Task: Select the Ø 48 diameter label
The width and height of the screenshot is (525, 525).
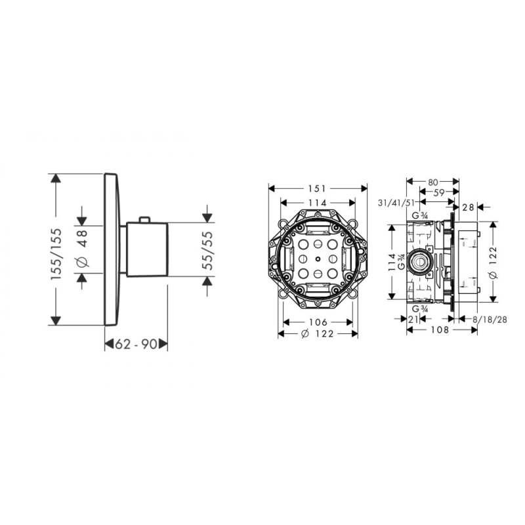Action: pyautogui.click(x=83, y=249)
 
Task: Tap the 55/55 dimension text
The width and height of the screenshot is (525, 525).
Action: pyautogui.click(x=207, y=250)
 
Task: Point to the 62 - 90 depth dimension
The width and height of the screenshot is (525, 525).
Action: pyautogui.click(x=137, y=343)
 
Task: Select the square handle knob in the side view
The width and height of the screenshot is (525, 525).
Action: pyautogui.click(x=148, y=249)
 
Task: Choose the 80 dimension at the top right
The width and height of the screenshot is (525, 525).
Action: pyautogui.click(x=432, y=181)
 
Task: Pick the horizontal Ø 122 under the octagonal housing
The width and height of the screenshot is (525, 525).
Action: pyautogui.click(x=317, y=334)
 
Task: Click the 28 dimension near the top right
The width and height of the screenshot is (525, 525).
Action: pyautogui.click(x=468, y=207)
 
